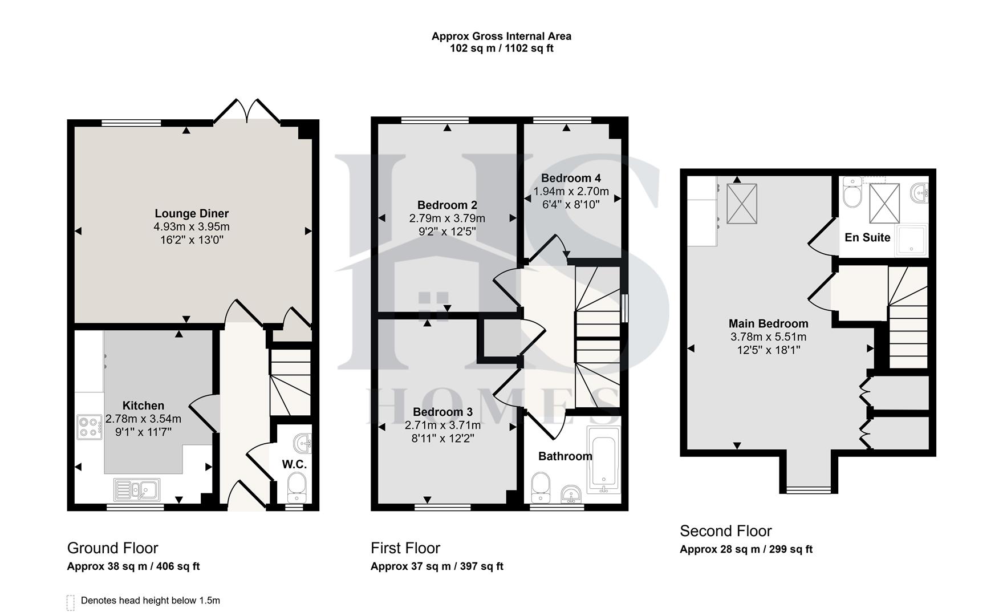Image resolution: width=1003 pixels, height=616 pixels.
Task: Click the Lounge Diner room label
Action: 192,213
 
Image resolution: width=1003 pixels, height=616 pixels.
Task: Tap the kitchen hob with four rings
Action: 90,428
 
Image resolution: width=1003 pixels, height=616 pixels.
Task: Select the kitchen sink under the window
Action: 137,489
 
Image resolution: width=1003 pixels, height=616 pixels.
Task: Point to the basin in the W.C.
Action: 303,442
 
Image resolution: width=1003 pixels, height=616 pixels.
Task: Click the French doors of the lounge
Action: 246,111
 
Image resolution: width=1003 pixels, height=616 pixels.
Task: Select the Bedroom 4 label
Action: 571,178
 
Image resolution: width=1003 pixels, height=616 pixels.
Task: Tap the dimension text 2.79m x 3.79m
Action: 447,218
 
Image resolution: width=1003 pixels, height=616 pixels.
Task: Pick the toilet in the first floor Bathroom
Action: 540,488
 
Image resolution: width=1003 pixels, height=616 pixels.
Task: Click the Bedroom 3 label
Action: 442,412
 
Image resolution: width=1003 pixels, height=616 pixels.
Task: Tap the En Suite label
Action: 867,237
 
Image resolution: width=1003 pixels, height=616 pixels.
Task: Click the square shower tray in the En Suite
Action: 912,239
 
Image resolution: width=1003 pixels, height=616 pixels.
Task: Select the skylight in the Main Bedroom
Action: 741,203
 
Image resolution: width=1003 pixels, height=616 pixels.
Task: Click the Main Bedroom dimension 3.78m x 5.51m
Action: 768,337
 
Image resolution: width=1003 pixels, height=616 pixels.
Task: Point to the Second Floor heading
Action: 725,531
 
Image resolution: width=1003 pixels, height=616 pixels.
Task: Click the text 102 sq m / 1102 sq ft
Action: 501,48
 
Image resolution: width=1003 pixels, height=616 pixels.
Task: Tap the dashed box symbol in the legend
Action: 71,602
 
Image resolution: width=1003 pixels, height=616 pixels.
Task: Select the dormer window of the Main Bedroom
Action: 809,489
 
